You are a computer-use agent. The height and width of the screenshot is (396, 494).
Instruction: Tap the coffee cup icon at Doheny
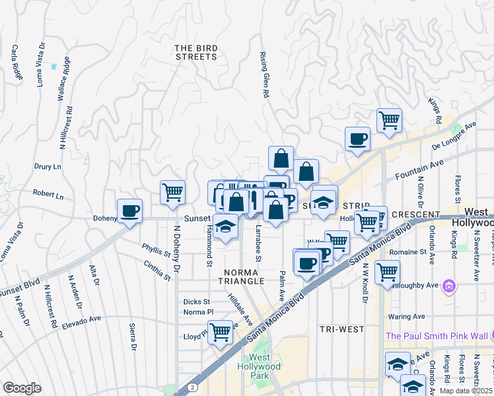(129, 211)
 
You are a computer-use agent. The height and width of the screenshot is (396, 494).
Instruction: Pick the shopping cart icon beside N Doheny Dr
(172, 192)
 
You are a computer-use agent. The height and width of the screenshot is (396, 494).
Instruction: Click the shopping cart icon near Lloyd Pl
(219, 331)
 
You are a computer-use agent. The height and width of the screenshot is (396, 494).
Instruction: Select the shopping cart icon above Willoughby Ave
(387, 271)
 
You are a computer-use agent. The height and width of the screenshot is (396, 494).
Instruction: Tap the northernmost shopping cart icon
(389, 120)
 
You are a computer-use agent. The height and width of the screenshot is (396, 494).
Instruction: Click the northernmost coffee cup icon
(357, 139)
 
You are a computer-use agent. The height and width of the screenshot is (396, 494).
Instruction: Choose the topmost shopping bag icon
(281, 158)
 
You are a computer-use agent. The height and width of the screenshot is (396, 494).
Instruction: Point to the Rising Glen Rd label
(265, 75)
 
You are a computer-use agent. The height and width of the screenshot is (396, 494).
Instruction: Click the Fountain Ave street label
(417, 174)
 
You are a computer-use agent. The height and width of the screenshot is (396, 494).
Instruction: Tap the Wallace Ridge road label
(63, 79)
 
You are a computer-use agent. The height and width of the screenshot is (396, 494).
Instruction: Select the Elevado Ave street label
(82, 323)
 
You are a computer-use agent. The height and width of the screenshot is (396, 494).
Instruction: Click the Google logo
(22, 387)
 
